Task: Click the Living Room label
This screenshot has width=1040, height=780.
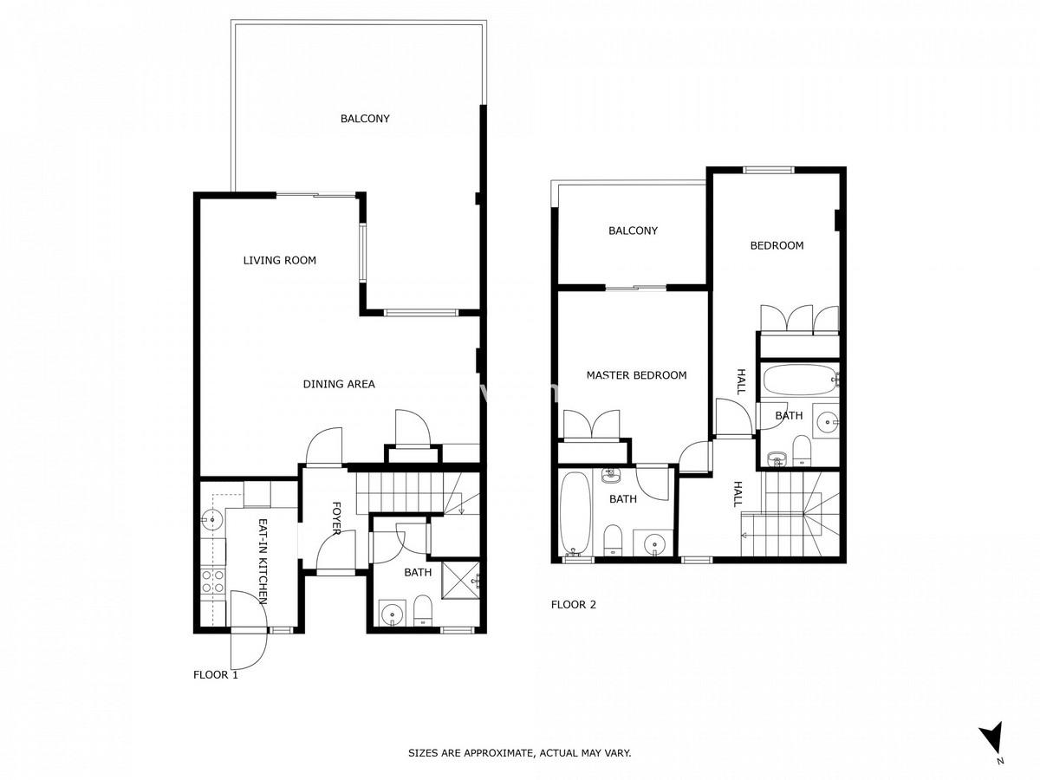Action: tap(279, 260)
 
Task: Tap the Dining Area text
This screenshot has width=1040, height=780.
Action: tap(339, 384)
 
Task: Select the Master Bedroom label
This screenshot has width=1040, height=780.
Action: tap(636, 375)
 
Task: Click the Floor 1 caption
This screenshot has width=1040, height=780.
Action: tap(216, 675)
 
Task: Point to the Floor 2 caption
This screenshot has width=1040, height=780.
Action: tap(574, 605)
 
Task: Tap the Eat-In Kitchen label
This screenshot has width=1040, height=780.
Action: tap(263, 562)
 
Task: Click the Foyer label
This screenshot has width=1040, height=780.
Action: tap(336, 518)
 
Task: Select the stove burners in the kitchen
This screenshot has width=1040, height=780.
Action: tap(212, 582)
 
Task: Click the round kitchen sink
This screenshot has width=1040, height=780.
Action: tap(211, 519)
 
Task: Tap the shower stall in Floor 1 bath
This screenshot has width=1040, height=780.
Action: tap(460, 580)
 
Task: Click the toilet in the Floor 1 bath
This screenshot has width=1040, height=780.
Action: tap(423, 611)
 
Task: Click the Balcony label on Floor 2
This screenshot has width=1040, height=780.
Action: tap(633, 231)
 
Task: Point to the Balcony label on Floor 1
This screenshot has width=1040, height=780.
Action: tap(365, 119)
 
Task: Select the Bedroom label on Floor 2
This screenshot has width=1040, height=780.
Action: tap(777, 245)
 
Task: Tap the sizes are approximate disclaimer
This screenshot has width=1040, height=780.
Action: tap(520, 753)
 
